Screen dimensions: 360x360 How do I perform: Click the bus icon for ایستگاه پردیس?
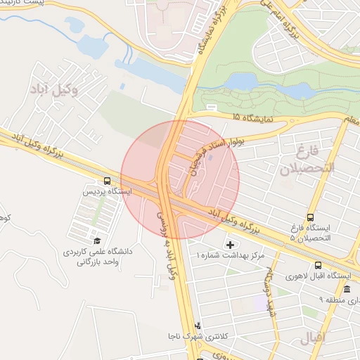click(x=106, y=181)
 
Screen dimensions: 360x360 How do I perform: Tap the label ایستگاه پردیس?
click(x=106, y=191)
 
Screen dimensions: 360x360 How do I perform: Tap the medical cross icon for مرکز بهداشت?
click(x=230, y=244)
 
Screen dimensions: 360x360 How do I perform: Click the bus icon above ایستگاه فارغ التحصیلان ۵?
click(x=311, y=217)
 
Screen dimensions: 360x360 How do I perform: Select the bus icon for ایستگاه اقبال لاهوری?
click(x=319, y=265)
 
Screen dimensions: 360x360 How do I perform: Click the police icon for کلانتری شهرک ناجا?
click(x=198, y=325)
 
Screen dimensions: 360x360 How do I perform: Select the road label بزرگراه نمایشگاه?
click(x=204, y=30)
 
